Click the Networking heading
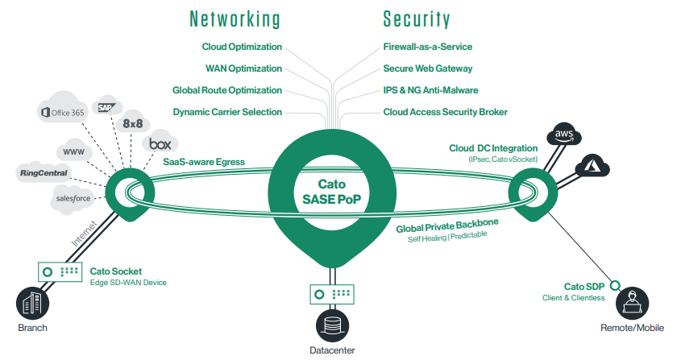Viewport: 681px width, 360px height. pyautogui.click(x=234, y=19)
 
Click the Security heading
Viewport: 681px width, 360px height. pyautogui.click(x=416, y=19)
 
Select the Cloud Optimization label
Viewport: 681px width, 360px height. pyautogui.click(x=242, y=48)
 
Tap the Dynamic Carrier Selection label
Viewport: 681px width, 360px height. pyautogui.click(x=227, y=112)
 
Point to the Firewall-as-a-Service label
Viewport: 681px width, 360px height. pyautogui.click(x=427, y=48)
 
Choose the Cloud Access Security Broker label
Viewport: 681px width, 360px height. pyautogui.click(x=445, y=112)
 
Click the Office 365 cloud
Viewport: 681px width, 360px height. pyautogui.click(x=63, y=113)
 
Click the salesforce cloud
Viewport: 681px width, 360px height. pyautogui.click(x=75, y=197)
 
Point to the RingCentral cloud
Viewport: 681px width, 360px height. pyautogui.click(x=45, y=172)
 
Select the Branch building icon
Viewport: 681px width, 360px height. pyautogui.click(x=32, y=305)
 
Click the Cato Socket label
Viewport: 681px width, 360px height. pyautogui.click(x=115, y=271)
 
